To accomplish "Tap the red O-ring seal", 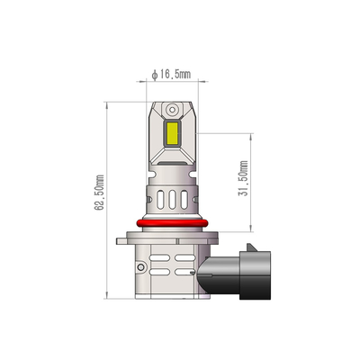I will pyautogui.click(x=171, y=221).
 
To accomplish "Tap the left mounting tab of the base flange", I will pyautogui.click(x=120, y=239).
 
